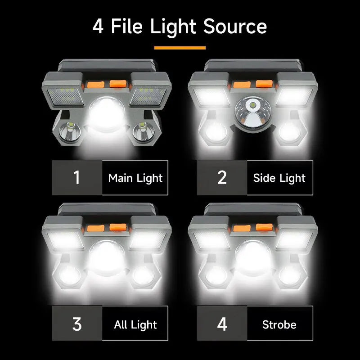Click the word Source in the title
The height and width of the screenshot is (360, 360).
235,27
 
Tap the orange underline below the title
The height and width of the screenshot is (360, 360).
180,47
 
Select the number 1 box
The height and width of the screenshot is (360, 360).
77,177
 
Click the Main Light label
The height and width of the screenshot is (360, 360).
135,178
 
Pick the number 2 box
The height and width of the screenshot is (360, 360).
222,177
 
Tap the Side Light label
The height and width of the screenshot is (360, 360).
279,178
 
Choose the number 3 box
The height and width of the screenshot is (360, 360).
77,324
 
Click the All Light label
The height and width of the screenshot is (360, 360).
135,324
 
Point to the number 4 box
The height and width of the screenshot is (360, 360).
222,324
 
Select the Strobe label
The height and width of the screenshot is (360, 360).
279,324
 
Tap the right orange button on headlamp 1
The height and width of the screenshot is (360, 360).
117,83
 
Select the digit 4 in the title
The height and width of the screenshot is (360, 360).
98,27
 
